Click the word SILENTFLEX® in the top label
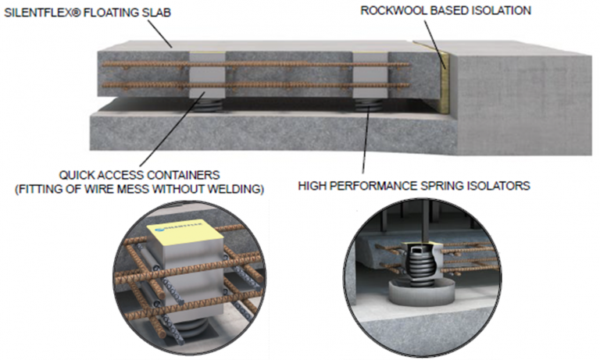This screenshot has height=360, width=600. [37, 11]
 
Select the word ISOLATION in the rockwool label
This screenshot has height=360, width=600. [503, 10]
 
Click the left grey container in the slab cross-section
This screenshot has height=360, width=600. [208, 75]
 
